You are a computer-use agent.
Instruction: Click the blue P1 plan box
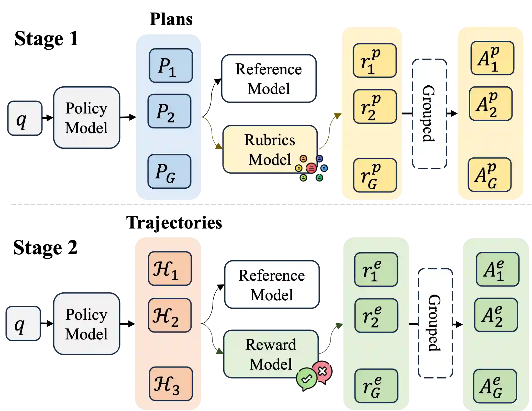click(171, 65)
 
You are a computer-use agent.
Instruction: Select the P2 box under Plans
click(169, 111)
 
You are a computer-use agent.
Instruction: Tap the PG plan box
click(169, 171)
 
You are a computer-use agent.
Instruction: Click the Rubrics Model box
click(270, 149)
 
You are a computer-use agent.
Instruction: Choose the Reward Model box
click(271, 354)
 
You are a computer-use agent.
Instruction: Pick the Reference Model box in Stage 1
click(269, 78)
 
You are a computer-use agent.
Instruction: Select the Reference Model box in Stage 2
click(272, 284)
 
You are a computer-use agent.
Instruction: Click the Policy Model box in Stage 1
click(87, 118)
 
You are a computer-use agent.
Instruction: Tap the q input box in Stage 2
click(23, 323)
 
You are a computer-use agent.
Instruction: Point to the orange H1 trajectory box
click(170, 268)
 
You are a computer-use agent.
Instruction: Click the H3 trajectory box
click(171, 384)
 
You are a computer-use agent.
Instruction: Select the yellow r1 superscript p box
click(375, 60)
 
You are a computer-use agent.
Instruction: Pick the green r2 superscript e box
click(376, 315)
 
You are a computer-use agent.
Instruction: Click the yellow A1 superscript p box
click(492, 58)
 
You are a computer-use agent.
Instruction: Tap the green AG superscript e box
click(495, 386)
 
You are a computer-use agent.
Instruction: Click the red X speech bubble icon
click(323, 372)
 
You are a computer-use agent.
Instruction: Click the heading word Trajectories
click(174, 223)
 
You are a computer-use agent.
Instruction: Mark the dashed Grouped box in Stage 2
click(435, 323)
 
